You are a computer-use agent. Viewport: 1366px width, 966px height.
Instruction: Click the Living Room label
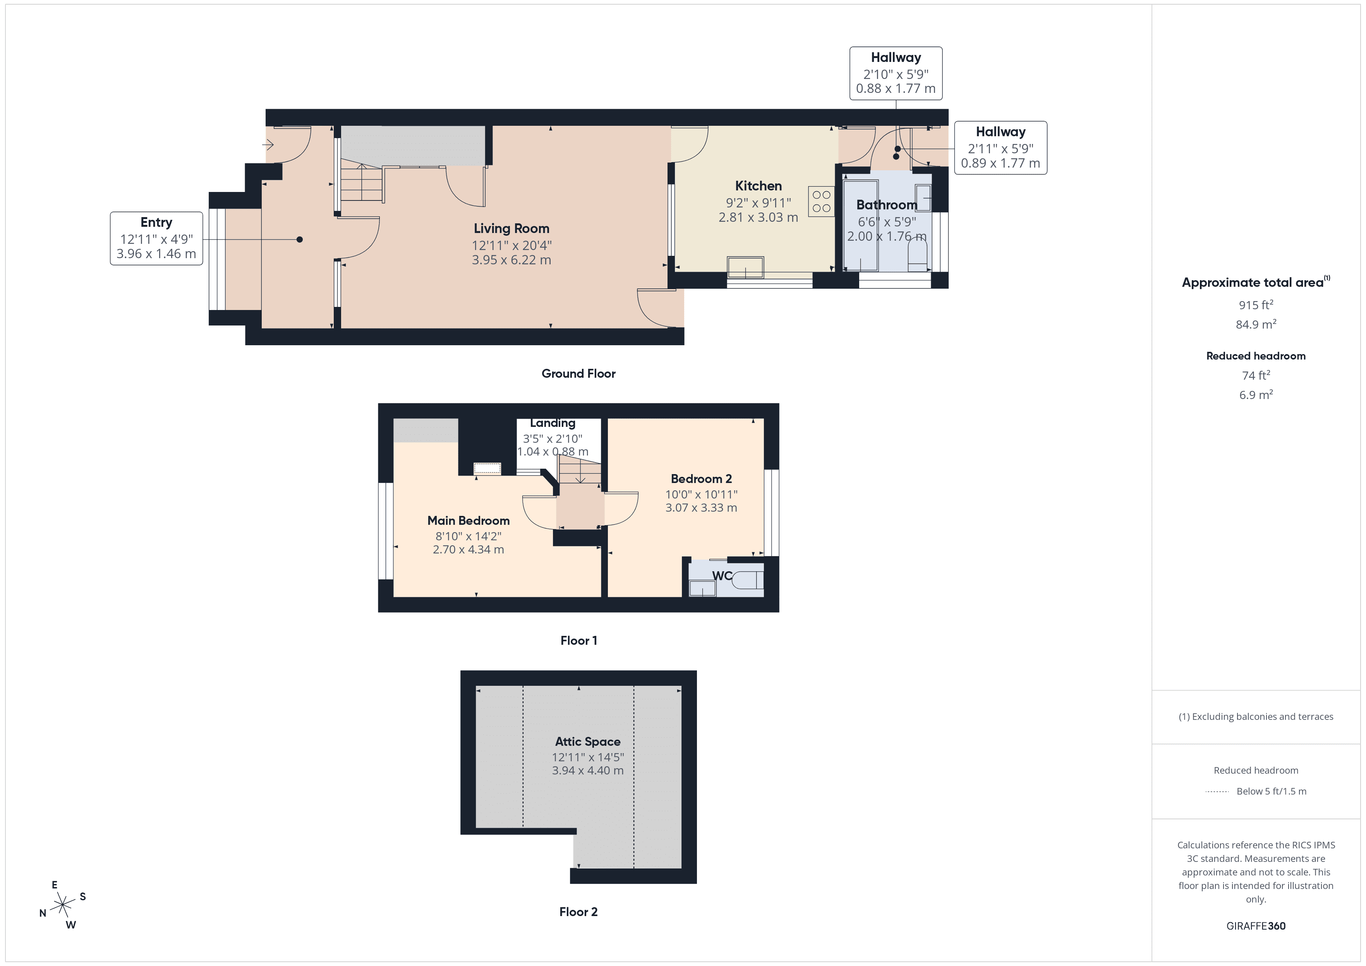click(x=511, y=228)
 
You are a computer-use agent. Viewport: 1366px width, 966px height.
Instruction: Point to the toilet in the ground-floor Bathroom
click(x=917, y=255)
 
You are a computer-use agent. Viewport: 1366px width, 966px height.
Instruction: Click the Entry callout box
click(x=156, y=238)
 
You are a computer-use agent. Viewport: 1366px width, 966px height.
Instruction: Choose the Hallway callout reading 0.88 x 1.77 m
click(x=896, y=73)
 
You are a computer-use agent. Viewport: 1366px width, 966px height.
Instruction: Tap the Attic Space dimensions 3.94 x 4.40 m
click(x=587, y=770)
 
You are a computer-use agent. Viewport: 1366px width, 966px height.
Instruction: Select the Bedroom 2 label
click(x=701, y=479)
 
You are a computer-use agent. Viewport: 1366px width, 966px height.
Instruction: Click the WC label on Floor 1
click(x=722, y=576)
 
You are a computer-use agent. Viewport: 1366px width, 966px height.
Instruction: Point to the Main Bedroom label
click(x=468, y=521)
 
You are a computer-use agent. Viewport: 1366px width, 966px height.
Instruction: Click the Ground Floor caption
click(x=578, y=373)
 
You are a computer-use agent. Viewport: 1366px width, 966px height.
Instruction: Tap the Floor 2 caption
click(x=578, y=912)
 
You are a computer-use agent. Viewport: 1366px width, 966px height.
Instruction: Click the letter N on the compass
click(x=43, y=913)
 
